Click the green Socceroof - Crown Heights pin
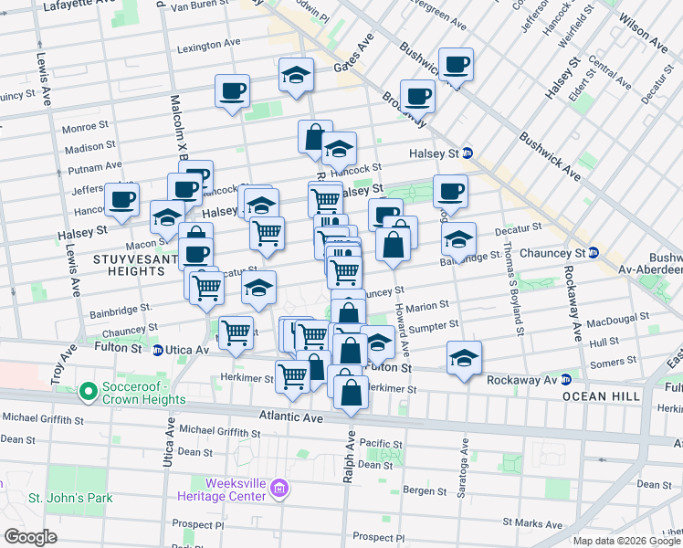[x=89, y=393]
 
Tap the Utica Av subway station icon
[x=158, y=349]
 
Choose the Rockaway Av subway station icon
[x=565, y=380]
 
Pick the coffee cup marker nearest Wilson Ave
[x=456, y=65]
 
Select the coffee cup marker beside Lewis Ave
[x=121, y=199]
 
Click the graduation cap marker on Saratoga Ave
[x=465, y=359]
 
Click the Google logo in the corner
[x=31, y=537]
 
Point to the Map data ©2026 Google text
[x=625, y=541]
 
